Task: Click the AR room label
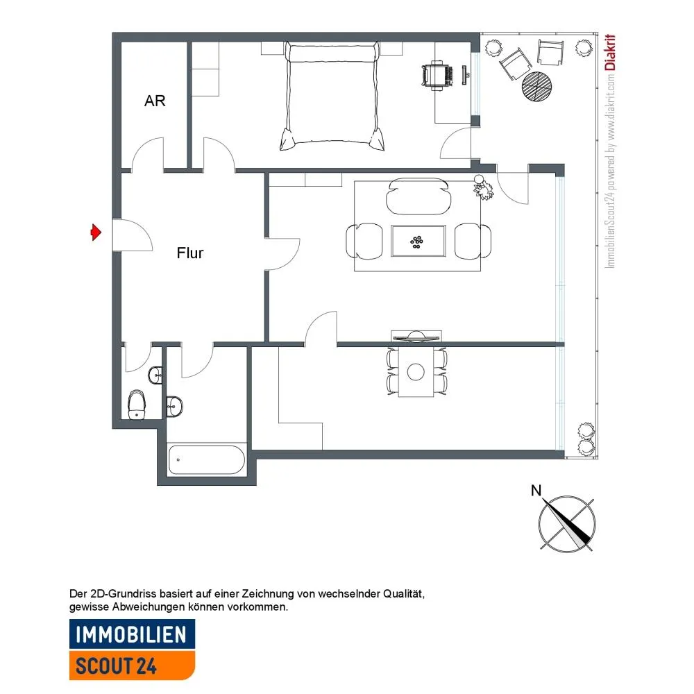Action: [x=155, y=101]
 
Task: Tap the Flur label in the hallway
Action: [x=190, y=253]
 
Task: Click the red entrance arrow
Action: [x=96, y=232]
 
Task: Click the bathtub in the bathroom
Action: [x=207, y=460]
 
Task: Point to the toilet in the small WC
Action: [x=137, y=405]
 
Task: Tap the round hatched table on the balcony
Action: [x=537, y=86]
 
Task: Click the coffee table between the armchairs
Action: [x=418, y=242]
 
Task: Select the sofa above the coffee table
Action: [x=418, y=196]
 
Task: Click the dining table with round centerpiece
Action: [x=416, y=371]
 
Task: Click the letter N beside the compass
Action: [x=536, y=491]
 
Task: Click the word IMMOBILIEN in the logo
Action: [x=131, y=635]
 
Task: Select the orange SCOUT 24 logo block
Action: [x=132, y=665]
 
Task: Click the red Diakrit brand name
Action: [x=610, y=52]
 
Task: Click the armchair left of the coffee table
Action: [x=364, y=241]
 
